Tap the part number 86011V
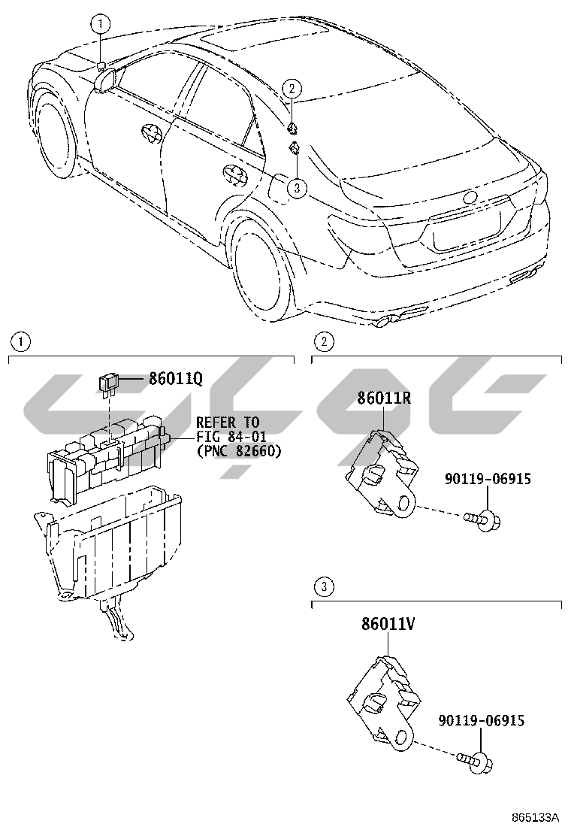387,623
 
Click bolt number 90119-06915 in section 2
488,478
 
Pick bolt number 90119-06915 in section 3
481,721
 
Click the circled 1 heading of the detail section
20,342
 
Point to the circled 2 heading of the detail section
323,342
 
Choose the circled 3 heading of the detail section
323,586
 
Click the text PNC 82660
238,451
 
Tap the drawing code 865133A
536,817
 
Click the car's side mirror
105,79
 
